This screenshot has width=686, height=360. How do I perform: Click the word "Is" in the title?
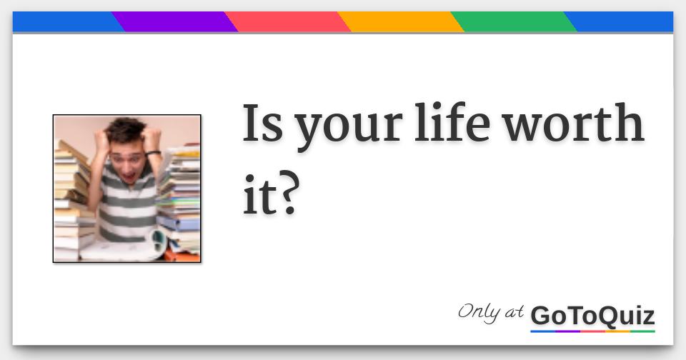262,123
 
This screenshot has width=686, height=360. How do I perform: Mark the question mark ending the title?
288,193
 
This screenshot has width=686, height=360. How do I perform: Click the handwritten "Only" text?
479,313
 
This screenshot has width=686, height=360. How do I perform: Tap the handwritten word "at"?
514,312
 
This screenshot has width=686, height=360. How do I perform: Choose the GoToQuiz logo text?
592,316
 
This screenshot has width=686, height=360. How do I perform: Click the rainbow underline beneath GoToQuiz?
592,331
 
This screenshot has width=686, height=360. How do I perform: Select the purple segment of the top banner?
174,21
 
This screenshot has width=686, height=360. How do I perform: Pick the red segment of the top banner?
287,21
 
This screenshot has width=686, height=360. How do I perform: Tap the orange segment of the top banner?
400,21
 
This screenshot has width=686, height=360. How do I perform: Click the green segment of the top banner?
513,21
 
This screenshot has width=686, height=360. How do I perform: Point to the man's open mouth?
130,176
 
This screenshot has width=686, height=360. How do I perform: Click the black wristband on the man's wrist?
153,153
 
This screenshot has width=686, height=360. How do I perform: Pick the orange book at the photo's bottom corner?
182,256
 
